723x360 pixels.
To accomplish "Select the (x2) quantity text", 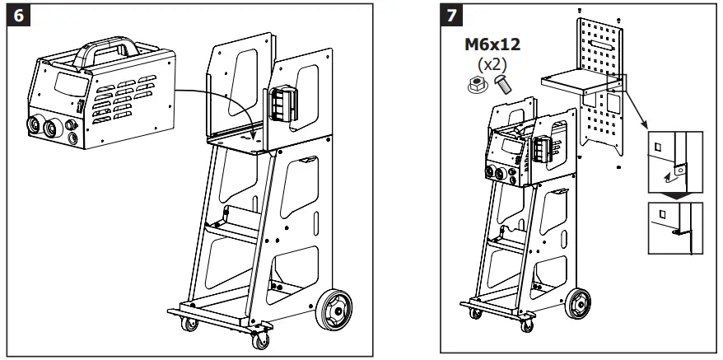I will (491, 65).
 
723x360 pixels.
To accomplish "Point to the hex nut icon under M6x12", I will (477, 84).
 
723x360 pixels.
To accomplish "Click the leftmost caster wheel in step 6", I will (191, 324).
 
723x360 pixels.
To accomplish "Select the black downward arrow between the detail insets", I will (674, 194).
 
